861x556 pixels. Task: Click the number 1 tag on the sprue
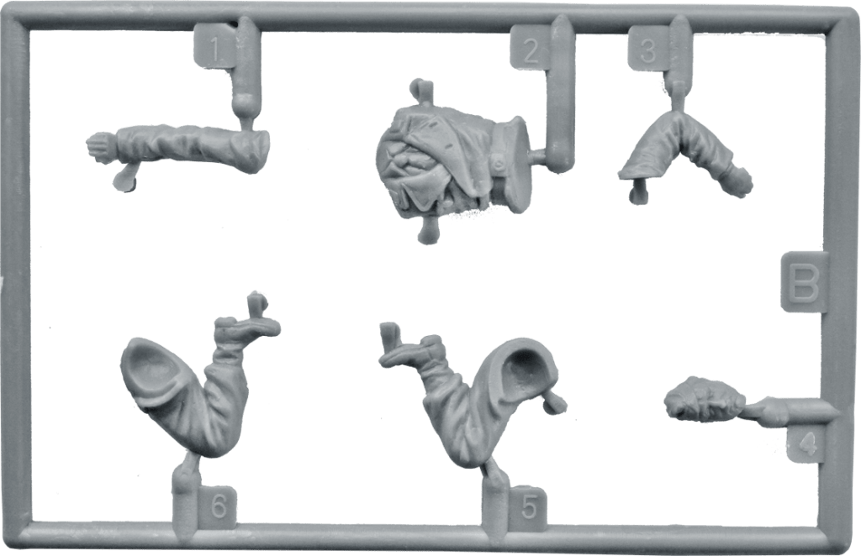[215, 48]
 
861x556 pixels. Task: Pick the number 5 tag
[528, 507]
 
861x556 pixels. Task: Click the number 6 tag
[218, 506]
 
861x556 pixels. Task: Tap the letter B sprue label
[804, 282]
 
